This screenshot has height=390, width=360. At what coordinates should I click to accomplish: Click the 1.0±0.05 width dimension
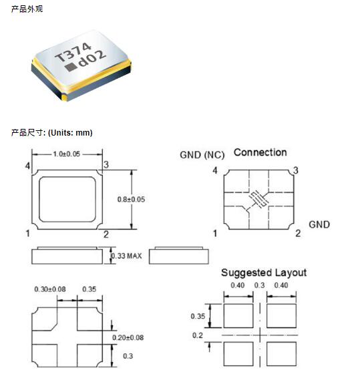tap(66, 154)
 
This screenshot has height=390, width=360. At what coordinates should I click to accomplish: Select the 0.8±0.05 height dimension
tap(131, 199)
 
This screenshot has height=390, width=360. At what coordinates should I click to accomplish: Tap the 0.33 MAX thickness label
tap(126, 256)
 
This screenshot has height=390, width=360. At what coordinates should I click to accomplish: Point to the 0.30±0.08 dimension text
tap(50, 289)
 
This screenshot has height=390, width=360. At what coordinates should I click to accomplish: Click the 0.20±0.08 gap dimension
tap(128, 337)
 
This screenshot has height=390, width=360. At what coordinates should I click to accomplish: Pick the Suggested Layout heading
tap(264, 273)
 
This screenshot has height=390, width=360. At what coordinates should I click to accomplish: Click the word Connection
tap(260, 152)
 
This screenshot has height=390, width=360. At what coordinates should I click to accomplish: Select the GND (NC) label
tap(202, 155)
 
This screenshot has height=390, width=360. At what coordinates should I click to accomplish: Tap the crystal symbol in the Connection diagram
tap(258, 199)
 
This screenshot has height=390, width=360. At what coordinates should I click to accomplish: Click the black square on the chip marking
tap(70, 67)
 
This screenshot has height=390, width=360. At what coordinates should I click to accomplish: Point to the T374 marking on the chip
tap(73, 52)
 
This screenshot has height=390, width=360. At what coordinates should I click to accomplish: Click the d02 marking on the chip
tap(92, 59)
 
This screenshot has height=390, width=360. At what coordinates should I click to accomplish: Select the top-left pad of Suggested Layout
tap(238, 316)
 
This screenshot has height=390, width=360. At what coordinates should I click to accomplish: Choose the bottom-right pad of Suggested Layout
tap(281, 354)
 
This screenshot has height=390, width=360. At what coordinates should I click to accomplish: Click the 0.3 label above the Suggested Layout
tap(260, 285)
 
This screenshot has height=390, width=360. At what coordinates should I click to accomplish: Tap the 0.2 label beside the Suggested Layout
tap(198, 335)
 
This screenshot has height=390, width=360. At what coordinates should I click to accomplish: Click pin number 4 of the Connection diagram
tap(215, 170)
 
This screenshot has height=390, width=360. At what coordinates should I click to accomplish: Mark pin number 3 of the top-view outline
tap(106, 164)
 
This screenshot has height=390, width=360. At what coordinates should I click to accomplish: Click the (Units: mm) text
tap(70, 133)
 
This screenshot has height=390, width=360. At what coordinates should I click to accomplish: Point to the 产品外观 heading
tap(27, 9)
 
